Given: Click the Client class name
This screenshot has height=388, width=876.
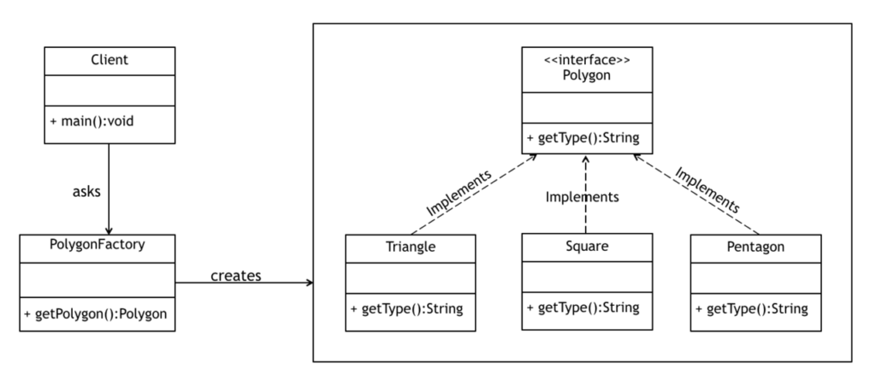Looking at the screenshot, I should (109, 60).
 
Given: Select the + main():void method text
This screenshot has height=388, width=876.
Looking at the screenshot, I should (92, 121).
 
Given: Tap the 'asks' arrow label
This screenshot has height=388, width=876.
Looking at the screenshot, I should (86, 191).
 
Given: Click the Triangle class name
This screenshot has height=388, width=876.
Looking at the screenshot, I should (411, 248).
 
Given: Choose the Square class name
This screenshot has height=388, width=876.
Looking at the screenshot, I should (586, 247).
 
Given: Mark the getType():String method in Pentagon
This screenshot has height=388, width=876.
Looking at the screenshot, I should (753, 307).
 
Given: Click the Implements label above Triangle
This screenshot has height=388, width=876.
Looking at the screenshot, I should (459, 193).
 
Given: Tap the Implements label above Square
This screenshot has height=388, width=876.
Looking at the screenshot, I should (582, 197).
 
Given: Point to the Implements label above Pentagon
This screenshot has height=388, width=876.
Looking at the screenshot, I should (707, 189).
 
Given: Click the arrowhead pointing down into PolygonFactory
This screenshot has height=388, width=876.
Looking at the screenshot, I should (109, 230).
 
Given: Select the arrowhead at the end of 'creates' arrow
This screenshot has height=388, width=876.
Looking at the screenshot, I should (308, 283).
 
